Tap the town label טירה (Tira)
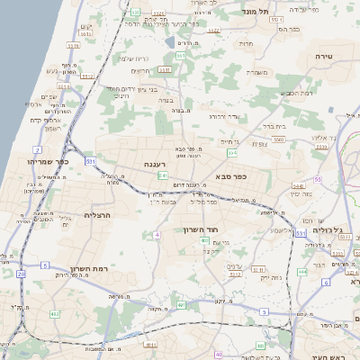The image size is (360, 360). (x=325, y=56)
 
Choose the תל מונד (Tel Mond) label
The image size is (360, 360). (x=256, y=10)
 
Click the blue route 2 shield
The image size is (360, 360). (x=37, y=149)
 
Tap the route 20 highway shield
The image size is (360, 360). (x=20, y=274)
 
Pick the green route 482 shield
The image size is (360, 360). (x=55, y=314)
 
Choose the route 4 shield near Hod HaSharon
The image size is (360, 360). (x=157, y=235)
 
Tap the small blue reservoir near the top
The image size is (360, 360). (x=170, y=41)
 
